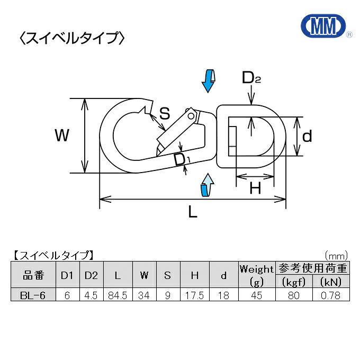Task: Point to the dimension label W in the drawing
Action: (62, 136)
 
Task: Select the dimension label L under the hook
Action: (193, 213)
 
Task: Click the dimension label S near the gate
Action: (165, 113)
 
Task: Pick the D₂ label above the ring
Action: (251, 78)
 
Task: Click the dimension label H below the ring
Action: (255, 188)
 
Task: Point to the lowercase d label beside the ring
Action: (307, 137)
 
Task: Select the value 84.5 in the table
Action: (117, 295)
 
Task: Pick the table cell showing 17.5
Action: (194, 295)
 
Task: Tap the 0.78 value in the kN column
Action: (331, 295)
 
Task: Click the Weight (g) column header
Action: (257, 275)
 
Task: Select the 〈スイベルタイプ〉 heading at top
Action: (71, 38)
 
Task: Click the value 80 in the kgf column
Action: (294, 295)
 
